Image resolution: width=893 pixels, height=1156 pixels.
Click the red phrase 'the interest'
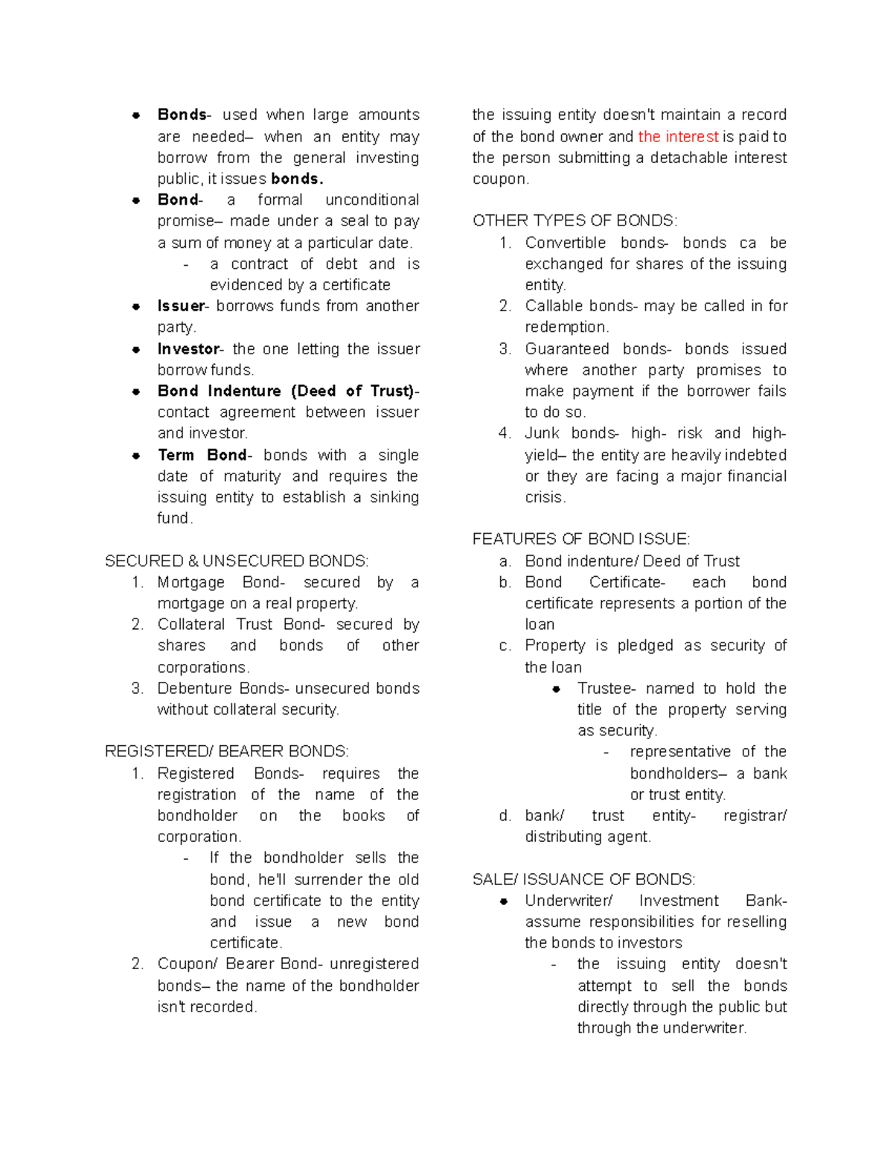coord(678,136)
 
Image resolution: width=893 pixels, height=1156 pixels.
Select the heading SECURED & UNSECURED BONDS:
coord(237,561)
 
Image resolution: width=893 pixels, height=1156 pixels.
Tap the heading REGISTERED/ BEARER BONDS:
coord(226,751)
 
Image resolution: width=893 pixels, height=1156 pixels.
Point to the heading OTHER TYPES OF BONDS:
coord(574,221)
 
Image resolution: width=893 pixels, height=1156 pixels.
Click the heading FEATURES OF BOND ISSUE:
coord(581,539)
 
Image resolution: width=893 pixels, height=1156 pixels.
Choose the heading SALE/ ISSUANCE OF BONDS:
coord(583,879)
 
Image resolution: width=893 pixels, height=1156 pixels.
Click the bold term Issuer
coord(181,306)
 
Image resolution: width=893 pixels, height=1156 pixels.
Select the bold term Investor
coord(188,349)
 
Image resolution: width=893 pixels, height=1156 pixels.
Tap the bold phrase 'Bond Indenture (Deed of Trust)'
coord(287,391)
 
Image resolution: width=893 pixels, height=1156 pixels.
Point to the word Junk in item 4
coord(541,433)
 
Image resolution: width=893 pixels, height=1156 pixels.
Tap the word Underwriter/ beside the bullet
coord(569,901)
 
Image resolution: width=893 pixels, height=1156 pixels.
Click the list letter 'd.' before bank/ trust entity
coord(505,816)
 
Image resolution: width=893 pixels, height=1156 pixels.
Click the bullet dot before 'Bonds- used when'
coord(136,115)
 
